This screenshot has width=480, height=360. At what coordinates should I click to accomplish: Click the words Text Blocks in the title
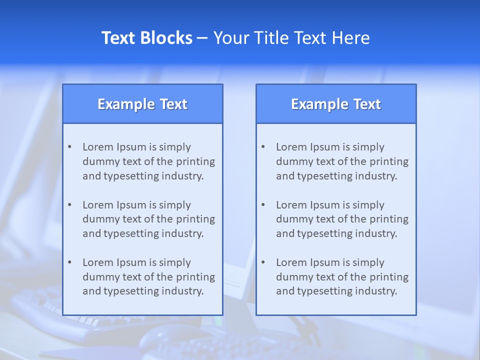[x=146, y=38]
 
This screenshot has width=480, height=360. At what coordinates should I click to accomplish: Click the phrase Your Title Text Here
[x=291, y=38]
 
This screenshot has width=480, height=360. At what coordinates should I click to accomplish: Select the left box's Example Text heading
[x=142, y=104]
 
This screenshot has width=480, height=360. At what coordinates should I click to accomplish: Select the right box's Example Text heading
[x=336, y=104]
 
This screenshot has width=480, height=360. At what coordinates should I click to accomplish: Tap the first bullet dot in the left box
[x=69, y=147]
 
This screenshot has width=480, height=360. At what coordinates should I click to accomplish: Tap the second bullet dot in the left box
[x=69, y=205]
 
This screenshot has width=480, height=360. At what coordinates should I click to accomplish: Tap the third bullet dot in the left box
[x=69, y=262]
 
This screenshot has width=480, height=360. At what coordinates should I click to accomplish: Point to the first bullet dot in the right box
[x=263, y=147]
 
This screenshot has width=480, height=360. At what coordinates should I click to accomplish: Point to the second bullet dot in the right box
[x=263, y=205]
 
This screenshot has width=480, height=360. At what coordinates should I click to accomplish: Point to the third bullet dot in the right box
[x=263, y=262]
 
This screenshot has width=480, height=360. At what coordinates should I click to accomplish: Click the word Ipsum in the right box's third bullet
[x=325, y=262]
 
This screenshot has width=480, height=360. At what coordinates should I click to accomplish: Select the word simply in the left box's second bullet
[x=175, y=205]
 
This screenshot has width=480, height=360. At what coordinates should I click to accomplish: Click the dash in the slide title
[x=202, y=38]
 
